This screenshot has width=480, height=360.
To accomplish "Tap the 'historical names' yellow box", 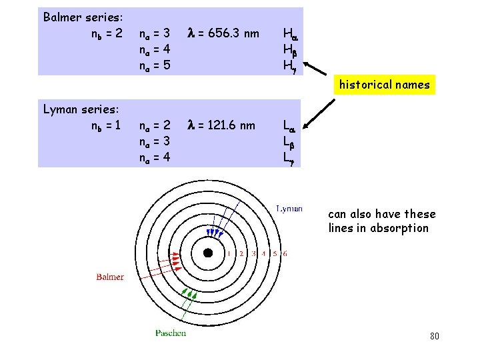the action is (x=384, y=85).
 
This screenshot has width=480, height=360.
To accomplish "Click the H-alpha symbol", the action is (x=291, y=33).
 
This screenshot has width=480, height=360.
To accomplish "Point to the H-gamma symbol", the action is (x=290, y=65).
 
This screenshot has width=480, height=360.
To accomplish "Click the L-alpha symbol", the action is (x=290, y=125).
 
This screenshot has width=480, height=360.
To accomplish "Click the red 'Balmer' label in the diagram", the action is (x=109, y=277).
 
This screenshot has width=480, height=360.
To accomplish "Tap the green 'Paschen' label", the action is (x=171, y=333).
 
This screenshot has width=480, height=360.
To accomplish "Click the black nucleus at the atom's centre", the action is (x=208, y=253).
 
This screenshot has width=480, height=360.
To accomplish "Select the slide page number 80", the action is (x=434, y=335).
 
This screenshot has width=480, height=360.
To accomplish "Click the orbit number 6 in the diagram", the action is (x=286, y=254).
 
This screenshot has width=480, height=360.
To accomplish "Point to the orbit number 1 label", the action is (x=229, y=254).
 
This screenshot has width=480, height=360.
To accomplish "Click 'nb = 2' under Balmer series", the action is (x=106, y=33).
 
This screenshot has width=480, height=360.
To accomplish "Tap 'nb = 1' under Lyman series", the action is (x=105, y=125).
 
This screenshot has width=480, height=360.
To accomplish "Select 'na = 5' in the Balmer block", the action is (x=155, y=65).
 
